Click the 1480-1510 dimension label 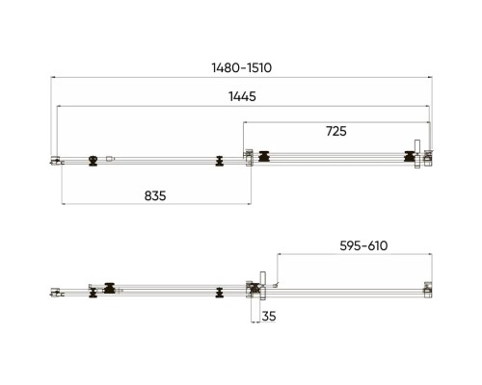(242, 67)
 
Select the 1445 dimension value (242, 96)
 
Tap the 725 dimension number (336, 131)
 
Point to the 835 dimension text (155, 195)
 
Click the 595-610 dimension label (363, 245)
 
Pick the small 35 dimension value (269, 316)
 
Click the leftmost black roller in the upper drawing (93, 161)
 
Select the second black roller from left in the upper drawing (220, 161)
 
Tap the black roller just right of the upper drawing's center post (264, 157)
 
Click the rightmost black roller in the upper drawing (410, 157)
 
